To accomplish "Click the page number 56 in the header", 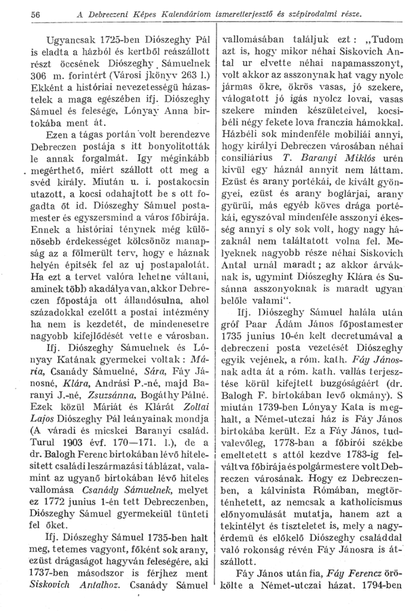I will (18, 14).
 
